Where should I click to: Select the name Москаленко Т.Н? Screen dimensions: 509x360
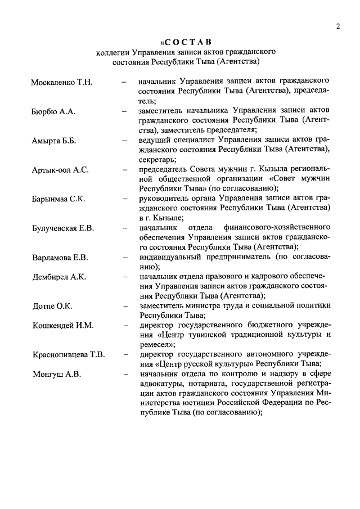(61, 83)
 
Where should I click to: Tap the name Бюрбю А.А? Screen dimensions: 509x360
(53, 112)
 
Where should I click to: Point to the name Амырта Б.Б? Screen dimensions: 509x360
(54, 141)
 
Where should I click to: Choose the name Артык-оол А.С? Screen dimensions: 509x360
(60, 170)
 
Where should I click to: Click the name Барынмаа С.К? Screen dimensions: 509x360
(58, 199)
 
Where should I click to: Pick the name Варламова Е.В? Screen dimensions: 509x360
(59, 258)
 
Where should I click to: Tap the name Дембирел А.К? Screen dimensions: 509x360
(59, 278)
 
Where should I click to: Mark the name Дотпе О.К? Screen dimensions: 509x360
(52, 307)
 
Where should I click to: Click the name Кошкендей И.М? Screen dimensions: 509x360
(62, 326)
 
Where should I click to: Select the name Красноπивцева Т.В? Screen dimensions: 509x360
(69, 355)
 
